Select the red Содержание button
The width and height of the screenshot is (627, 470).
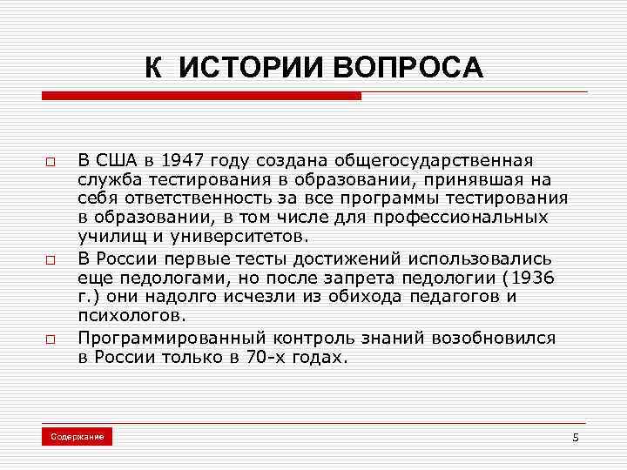[77, 435]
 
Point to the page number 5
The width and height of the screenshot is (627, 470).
[575, 436]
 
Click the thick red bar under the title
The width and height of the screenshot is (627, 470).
[200, 97]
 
